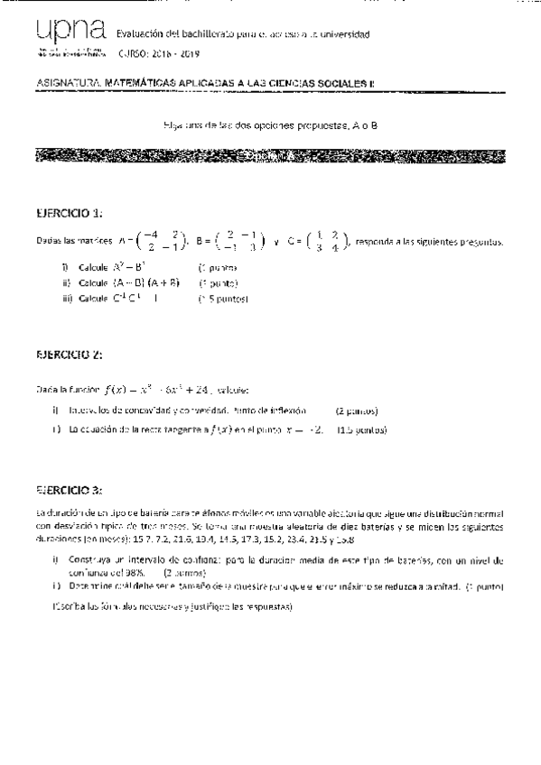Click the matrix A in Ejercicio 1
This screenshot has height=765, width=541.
155,242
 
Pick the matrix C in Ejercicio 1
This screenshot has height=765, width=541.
317,242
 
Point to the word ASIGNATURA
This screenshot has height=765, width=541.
63,83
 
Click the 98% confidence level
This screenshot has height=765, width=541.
133,571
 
